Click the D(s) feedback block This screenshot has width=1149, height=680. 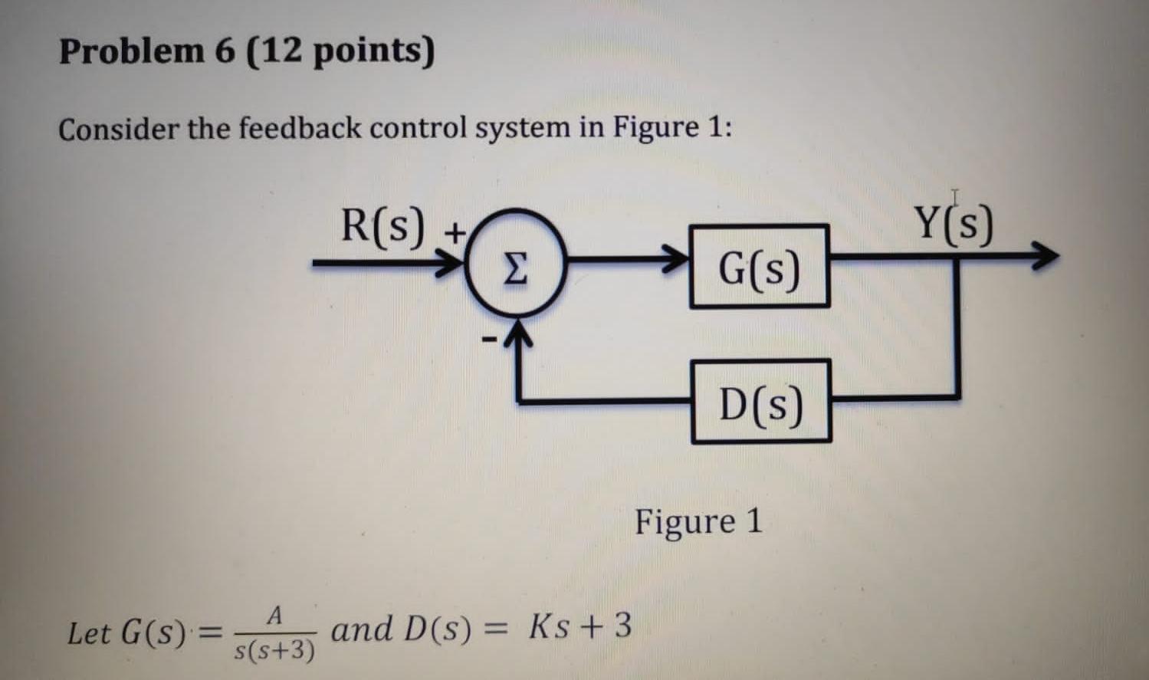(x=761, y=401)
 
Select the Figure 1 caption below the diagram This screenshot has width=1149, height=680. (x=698, y=521)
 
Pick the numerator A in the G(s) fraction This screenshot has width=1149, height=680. (x=276, y=616)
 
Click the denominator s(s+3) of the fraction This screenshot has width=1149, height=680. (x=274, y=651)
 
